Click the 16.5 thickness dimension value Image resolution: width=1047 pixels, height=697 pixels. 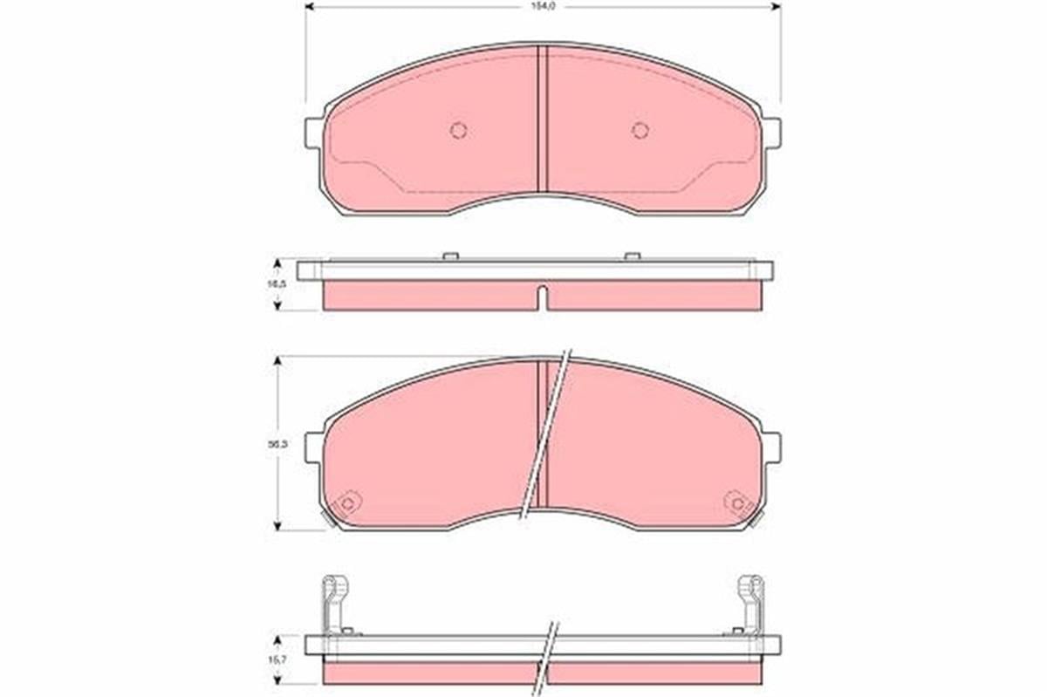click(x=271, y=284)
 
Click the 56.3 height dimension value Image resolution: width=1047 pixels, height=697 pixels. click(x=271, y=444)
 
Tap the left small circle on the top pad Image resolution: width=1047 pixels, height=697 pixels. click(x=458, y=130)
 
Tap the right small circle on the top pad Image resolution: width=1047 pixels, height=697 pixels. click(x=640, y=130)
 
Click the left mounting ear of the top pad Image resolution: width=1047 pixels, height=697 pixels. click(x=313, y=133)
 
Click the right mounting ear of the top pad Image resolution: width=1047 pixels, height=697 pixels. click(x=772, y=133)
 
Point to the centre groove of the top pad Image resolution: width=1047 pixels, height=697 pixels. click(x=542, y=118)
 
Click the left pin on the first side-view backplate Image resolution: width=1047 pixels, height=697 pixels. click(x=450, y=256)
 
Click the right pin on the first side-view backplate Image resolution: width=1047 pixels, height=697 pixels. click(x=633, y=256)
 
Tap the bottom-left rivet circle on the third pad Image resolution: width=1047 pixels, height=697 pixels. click(x=348, y=503)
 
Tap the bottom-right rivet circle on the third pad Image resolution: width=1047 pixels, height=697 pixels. click(x=737, y=503)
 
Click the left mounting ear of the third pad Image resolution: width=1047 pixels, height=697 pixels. click(x=313, y=447)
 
